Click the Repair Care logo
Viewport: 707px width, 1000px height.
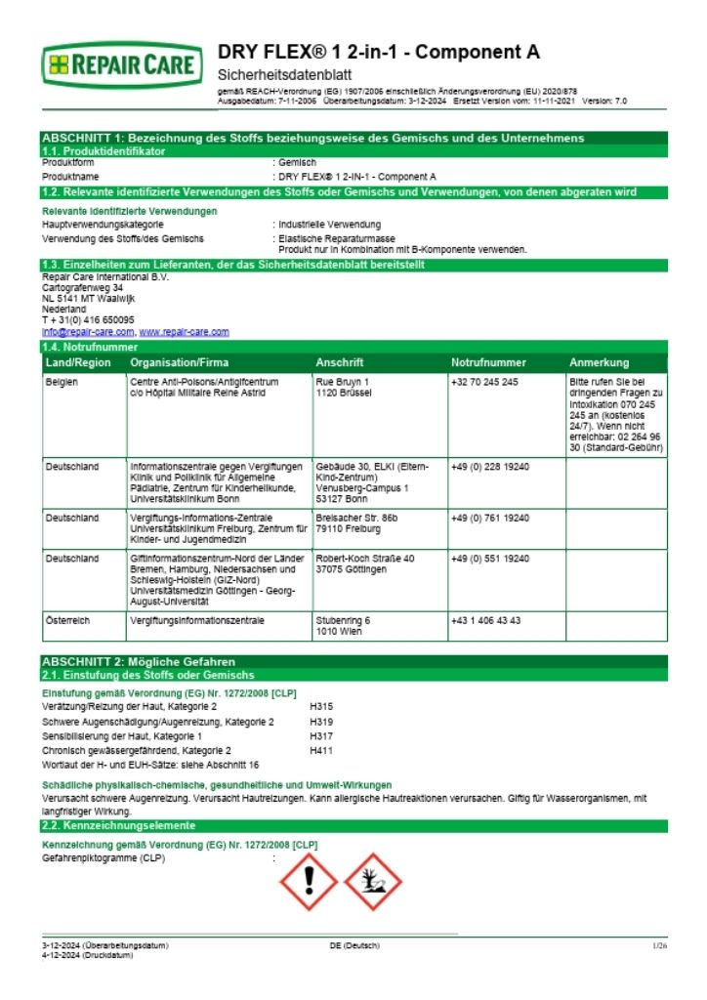click(x=123, y=66)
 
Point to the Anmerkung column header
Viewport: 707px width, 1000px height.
click(x=599, y=362)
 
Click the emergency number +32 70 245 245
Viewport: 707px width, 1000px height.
click(x=485, y=382)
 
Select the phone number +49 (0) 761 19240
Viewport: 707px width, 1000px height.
click(x=490, y=517)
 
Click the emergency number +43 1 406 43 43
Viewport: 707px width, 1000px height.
click(x=485, y=620)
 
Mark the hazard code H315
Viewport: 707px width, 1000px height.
click(x=321, y=705)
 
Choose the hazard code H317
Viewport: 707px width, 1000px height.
click(x=321, y=735)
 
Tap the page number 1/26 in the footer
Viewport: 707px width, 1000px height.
click(x=659, y=945)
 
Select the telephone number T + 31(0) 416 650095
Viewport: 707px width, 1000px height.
click(x=88, y=319)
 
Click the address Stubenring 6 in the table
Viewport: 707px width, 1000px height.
click(x=343, y=620)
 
